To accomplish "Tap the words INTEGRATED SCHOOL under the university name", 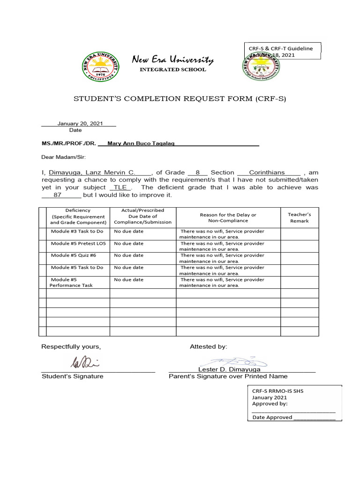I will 173,69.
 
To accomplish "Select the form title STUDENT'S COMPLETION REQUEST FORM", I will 180,99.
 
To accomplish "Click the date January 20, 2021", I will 80,123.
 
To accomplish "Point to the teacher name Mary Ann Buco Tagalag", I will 141,143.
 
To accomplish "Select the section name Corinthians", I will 269,172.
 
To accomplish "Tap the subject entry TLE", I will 120,187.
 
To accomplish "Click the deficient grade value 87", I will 58,195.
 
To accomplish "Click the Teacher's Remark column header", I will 299,217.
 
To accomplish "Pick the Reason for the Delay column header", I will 228,217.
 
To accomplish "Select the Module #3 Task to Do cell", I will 77,232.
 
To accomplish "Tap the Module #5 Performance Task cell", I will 71,282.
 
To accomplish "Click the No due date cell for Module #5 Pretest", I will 129,243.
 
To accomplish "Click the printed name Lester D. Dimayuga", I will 226,370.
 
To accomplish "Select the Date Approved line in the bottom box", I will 293,417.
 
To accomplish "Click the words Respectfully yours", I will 71,346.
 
